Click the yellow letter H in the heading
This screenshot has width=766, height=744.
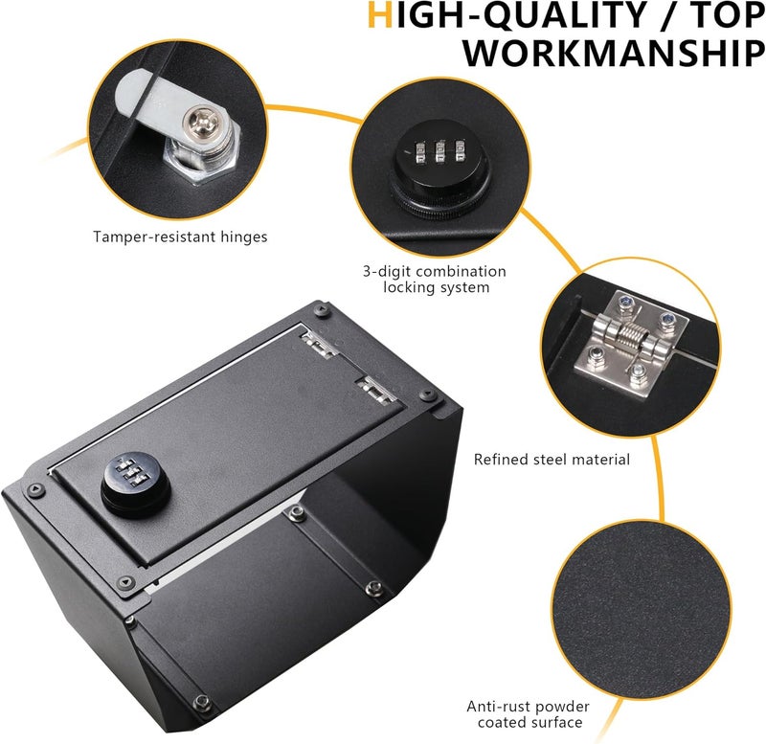coord(379,14)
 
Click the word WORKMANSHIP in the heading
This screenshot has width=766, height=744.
coord(614,53)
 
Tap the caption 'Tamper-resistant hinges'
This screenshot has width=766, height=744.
coord(180,237)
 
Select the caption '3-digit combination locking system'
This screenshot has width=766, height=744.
coord(435,279)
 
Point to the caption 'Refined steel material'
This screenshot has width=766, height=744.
coord(552,460)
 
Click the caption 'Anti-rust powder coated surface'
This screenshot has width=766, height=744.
coord(529,714)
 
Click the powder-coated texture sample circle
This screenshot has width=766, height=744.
coord(642,610)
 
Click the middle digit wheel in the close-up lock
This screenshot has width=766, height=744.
coord(439,151)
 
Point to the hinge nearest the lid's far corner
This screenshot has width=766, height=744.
coord(318,344)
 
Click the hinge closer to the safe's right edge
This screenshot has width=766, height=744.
coord(376,390)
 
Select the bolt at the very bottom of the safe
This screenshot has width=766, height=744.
coord(202,703)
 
